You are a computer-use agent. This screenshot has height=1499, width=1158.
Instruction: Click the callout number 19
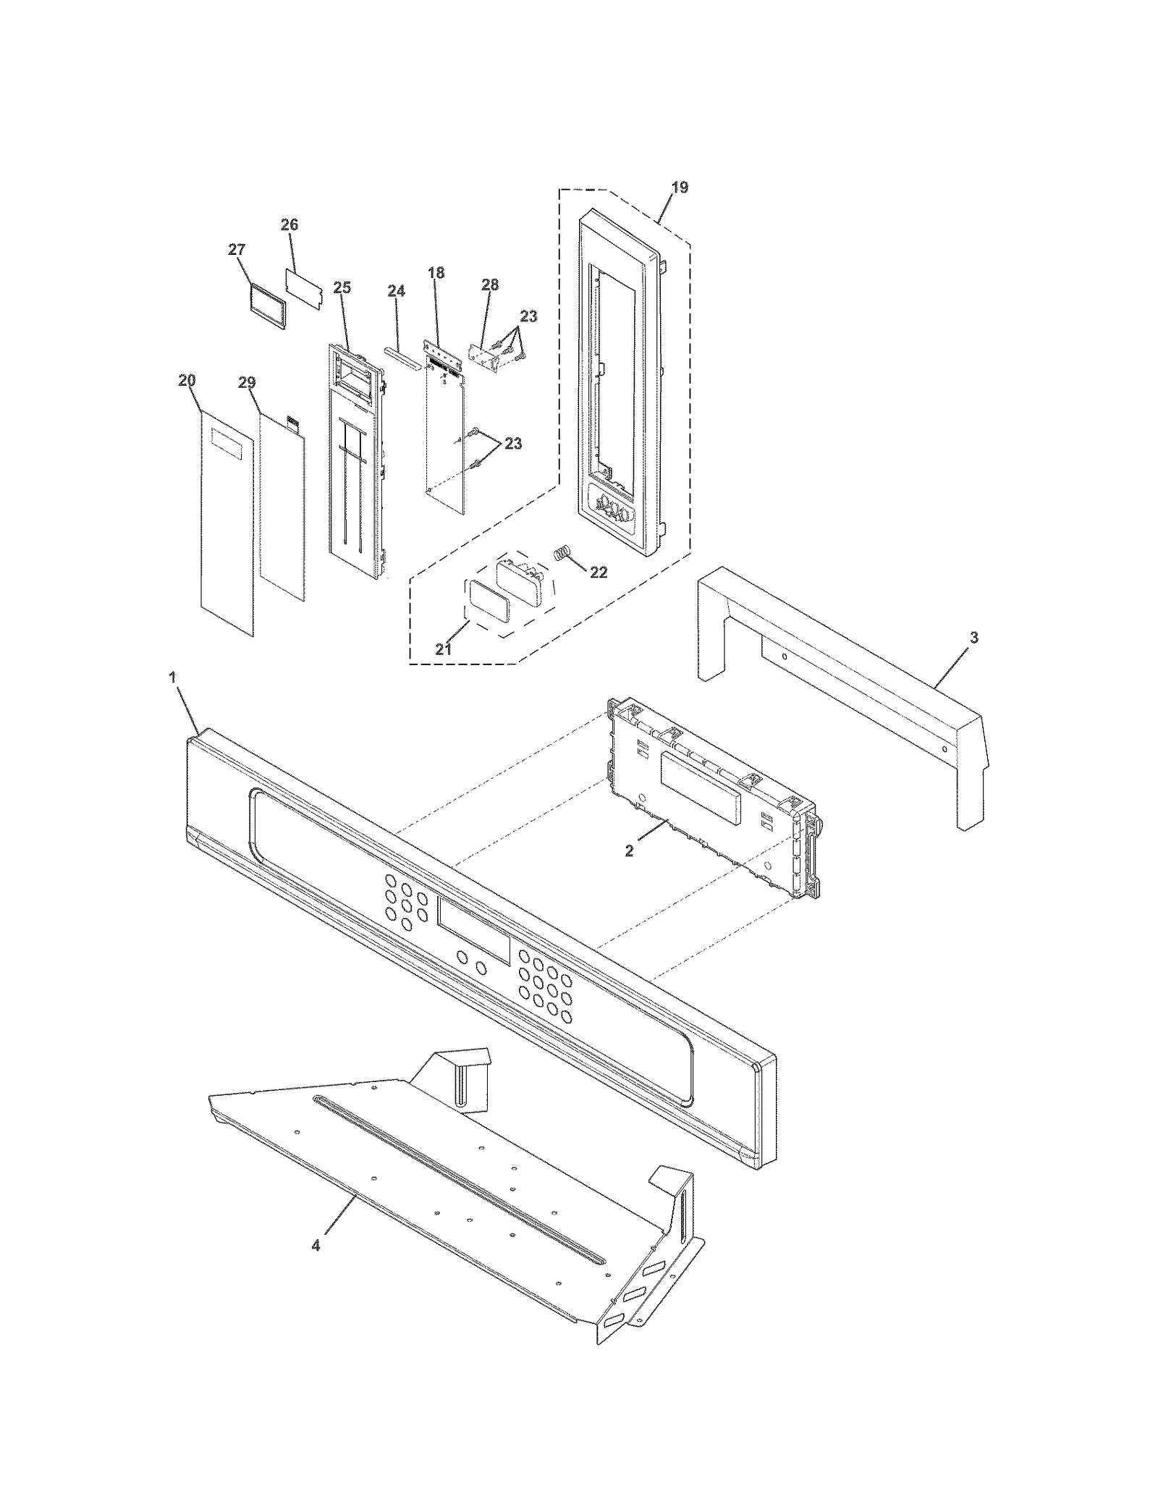pos(679,187)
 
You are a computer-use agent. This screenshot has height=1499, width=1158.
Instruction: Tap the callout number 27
pos(237,250)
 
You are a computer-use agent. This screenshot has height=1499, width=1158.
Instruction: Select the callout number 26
pos(289,225)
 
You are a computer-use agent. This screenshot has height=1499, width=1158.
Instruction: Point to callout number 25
pos(342,287)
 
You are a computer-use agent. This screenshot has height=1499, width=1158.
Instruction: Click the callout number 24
pos(396,291)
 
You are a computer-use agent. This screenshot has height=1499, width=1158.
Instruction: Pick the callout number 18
pos(436,273)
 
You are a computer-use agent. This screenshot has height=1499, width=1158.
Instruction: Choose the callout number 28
pos(490,284)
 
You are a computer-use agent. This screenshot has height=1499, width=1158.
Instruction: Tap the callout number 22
pos(599,572)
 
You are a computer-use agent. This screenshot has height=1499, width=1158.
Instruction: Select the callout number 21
pos(443,649)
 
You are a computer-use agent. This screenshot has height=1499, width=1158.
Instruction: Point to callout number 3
pos(973,638)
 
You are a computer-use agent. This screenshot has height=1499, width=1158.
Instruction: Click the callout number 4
pos(316,1246)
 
